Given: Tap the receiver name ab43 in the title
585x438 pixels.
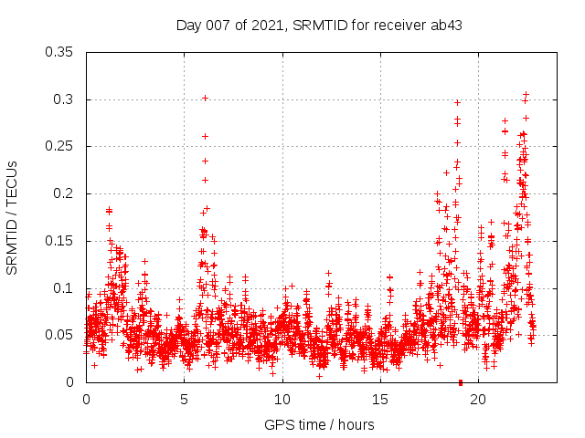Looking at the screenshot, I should tap(444, 25).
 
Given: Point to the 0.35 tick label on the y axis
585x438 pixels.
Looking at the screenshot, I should tap(60, 52).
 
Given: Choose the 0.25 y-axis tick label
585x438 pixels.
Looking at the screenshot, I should tap(60, 147).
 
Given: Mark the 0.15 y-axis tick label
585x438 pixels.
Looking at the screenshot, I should tap(60, 241).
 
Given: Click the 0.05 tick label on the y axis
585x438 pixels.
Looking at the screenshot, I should tap(60, 335).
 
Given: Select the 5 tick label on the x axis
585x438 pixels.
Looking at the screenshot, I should tap(184, 400).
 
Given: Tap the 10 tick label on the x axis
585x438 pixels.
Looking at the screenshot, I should tap(282, 400).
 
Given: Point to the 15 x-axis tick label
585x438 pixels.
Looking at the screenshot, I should tap(380, 400).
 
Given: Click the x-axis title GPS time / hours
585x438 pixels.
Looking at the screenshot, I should tap(319, 424).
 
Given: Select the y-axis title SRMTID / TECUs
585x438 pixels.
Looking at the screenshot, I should tap(13, 216).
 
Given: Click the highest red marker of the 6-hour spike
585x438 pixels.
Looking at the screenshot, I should tap(205, 98).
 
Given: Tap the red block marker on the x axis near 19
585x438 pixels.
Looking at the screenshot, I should tap(460, 382).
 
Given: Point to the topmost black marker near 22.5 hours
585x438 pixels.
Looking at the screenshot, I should tap(526, 94).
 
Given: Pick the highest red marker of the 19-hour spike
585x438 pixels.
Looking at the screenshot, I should tap(457, 102).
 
